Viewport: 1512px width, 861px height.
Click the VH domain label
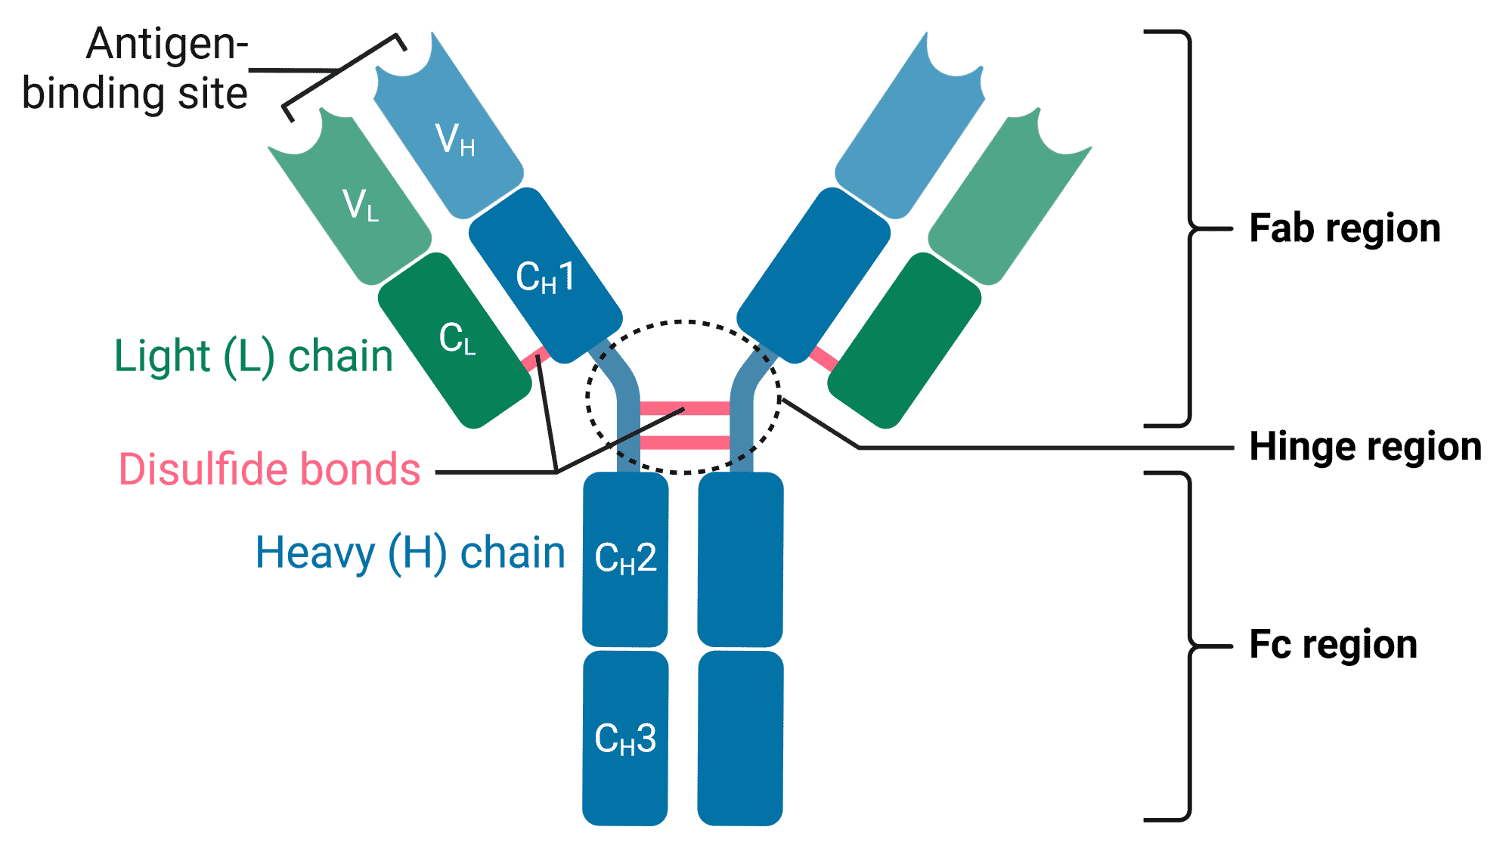tap(455, 140)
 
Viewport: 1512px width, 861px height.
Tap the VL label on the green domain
tap(361, 205)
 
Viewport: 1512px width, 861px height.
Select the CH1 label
tap(545, 277)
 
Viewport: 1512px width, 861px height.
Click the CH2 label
tap(625, 559)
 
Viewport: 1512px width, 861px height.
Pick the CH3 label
tap(625, 739)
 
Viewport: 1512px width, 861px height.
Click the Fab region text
tap(1344, 228)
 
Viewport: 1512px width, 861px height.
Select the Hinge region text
tap(1365, 447)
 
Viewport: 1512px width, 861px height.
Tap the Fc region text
tap(1333, 645)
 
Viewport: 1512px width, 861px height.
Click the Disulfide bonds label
tap(269, 469)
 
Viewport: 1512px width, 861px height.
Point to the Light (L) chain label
tap(253, 356)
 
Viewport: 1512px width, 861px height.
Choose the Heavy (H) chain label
tap(410, 553)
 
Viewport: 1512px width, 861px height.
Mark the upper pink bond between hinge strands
tap(685, 409)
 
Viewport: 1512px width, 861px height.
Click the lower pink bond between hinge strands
tap(685, 443)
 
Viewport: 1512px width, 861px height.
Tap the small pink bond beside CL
tap(535, 359)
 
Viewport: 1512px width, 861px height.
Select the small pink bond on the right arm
tap(824, 359)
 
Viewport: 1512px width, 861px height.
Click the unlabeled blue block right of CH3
tap(740, 738)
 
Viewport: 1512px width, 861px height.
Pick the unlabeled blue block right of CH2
tap(740, 559)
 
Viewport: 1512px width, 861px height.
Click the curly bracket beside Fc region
tap(1189, 646)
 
